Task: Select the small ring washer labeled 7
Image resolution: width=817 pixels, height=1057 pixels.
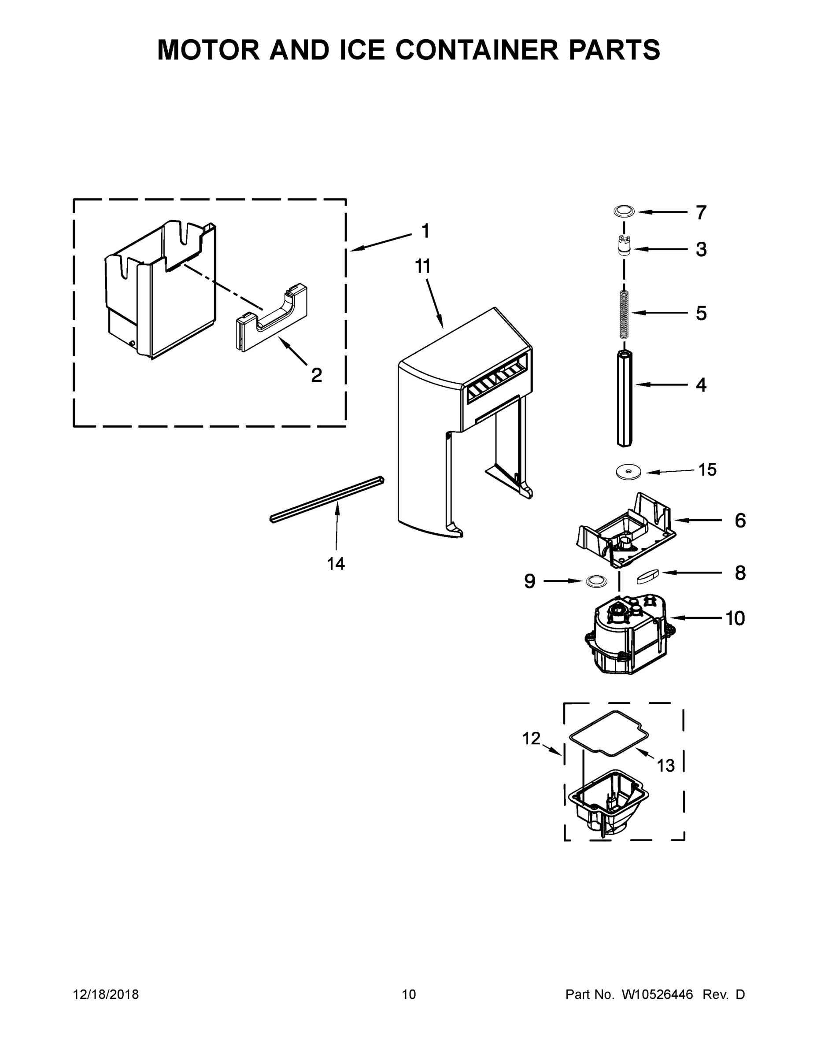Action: pyautogui.click(x=625, y=211)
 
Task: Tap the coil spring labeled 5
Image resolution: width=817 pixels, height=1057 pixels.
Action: pyautogui.click(x=624, y=314)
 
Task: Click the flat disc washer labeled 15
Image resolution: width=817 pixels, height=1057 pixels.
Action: pyautogui.click(x=628, y=471)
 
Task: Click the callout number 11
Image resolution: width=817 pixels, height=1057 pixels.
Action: pyautogui.click(x=422, y=266)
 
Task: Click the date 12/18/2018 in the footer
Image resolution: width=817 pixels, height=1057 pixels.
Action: pyautogui.click(x=106, y=994)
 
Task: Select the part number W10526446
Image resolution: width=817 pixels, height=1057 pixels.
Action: pyautogui.click(x=657, y=994)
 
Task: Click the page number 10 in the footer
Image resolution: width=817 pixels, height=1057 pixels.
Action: pyautogui.click(x=409, y=994)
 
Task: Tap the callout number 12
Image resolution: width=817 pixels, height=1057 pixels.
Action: pyautogui.click(x=531, y=739)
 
